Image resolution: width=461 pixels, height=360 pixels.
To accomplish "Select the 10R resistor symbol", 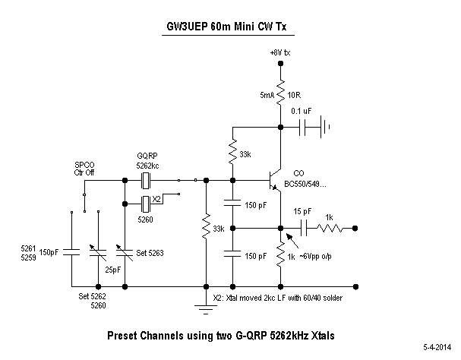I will (281, 94).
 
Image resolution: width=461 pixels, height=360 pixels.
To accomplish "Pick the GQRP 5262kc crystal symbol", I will (147, 180).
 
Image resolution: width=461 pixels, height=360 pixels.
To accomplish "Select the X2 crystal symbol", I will (147, 203).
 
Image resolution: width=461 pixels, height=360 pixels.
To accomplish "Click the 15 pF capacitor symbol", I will (304, 227).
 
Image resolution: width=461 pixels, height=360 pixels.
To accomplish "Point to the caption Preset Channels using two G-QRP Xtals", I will (219, 334).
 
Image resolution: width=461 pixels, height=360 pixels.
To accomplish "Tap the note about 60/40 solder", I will (277, 298).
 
